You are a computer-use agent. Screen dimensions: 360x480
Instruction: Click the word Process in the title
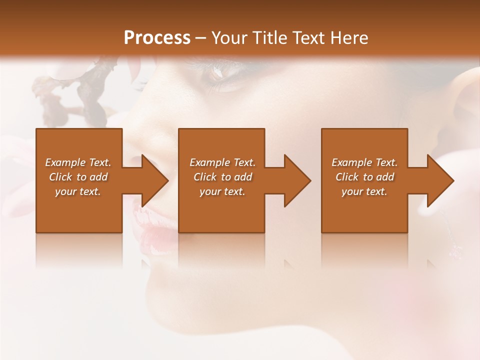click(157, 38)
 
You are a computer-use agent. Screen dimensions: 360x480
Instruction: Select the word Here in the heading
click(349, 38)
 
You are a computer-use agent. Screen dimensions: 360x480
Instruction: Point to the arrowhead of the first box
click(153, 180)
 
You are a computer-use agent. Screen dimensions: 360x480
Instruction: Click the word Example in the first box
click(64, 162)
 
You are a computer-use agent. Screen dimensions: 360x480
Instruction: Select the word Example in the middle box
click(208, 162)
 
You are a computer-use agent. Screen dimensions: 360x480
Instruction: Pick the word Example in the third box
click(350, 162)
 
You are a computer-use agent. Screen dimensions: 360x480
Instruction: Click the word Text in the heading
click(305, 38)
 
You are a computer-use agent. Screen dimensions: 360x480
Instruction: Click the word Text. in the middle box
click(244, 162)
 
